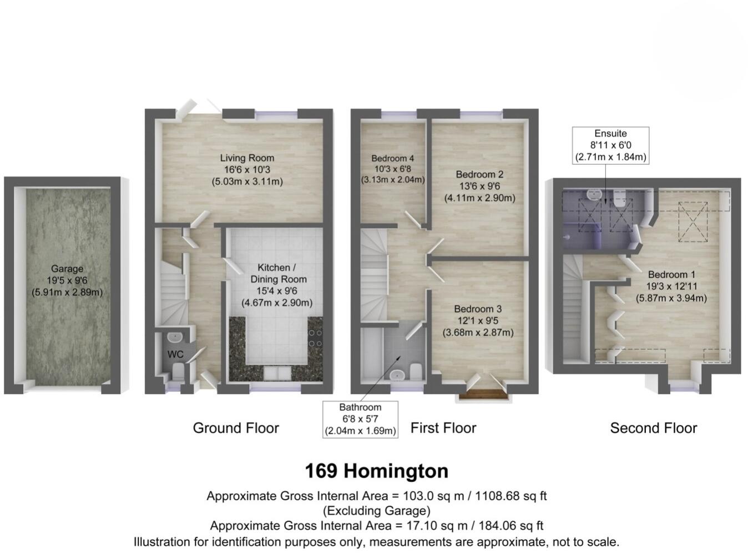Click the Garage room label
tap(67, 280)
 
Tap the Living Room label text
tap(247, 169)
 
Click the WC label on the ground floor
tap(175, 354)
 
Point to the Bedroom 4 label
tap(392, 169)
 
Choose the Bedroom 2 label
tap(479, 186)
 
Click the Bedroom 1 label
tap(671, 286)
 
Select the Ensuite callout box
tap(610, 145)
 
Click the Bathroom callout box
tap(360, 419)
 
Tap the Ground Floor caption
tap(236, 428)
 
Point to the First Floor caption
tap(443, 428)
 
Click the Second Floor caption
tap(653, 428)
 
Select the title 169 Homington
tap(376, 471)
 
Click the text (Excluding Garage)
tap(376, 511)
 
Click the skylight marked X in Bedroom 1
tap(693, 222)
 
